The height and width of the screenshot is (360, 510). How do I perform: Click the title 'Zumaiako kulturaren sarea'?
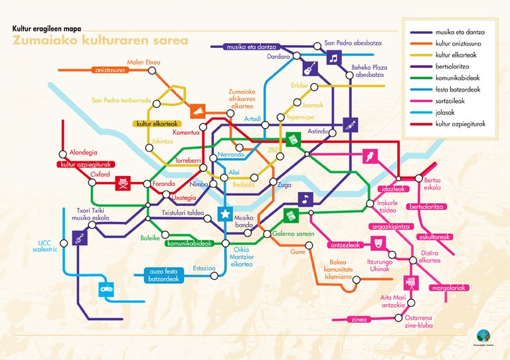click(100, 41)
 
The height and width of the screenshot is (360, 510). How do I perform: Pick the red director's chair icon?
click(122, 183)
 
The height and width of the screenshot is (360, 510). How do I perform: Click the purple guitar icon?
click(309, 68)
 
